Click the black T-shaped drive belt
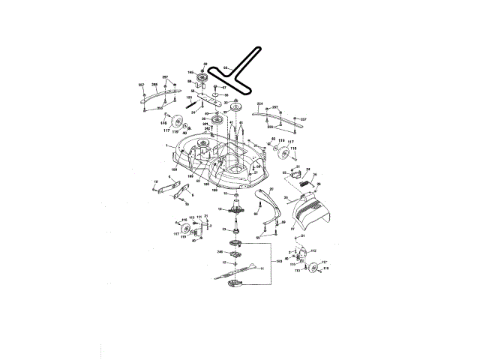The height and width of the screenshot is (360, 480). coord(238,72)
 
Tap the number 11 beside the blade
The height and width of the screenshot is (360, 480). coord(262,278)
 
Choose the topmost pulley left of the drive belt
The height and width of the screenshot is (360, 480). coord(202,79)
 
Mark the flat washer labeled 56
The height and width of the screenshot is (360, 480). coord(214,94)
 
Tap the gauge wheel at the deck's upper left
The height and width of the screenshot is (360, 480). coord(177,124)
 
